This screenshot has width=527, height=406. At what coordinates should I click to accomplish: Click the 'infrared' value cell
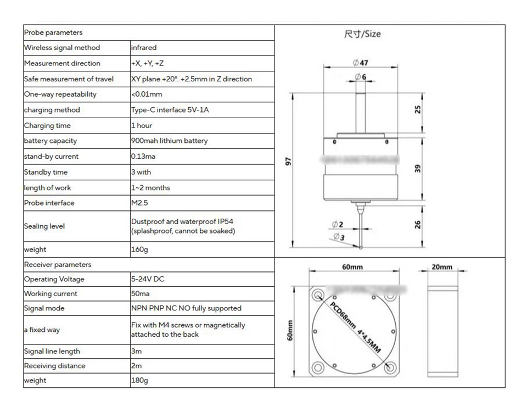coord(144,48)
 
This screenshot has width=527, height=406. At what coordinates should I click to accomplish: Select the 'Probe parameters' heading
coord(53,32)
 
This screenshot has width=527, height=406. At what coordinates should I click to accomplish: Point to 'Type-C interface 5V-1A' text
coord(170,110)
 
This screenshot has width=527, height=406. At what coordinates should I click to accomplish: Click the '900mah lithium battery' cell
coord(169,141)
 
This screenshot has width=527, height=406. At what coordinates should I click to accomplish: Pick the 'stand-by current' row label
coord(51,157)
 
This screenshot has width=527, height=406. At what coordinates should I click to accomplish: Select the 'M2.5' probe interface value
coord(139,203)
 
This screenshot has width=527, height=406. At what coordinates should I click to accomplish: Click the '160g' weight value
coord(139,249)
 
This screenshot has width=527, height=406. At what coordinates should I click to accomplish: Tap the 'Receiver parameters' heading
coord(58,264)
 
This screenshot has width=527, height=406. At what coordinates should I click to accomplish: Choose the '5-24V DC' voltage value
coord(147,279)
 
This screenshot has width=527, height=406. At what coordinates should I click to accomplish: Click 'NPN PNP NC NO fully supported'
coord(186,308)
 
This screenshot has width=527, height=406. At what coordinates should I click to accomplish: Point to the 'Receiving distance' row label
coord(55,366)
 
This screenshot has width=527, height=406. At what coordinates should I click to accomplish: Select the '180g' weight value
coord(139,380)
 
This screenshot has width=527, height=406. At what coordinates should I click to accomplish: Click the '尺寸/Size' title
coord(362,34)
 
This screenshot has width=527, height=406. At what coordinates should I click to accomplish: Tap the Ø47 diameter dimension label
coord(361,63)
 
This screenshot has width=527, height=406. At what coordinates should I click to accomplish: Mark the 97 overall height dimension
coord(288,162)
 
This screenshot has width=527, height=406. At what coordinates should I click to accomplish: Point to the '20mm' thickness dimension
coord(442,267)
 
